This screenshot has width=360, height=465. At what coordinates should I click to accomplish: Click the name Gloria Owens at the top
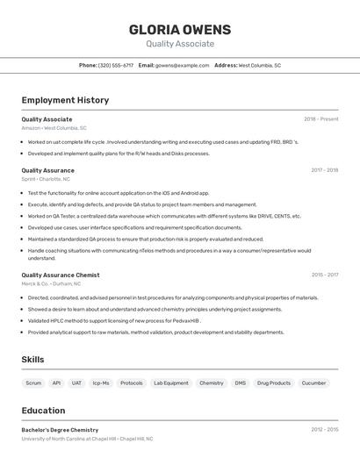(180, 29)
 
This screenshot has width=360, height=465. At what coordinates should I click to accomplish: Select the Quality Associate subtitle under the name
(180, 44)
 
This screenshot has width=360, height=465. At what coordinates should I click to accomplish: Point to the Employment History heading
(65, 100)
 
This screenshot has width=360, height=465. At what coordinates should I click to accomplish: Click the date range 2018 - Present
(320, 119)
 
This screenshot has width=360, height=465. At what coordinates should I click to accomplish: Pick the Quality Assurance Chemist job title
(61, 275)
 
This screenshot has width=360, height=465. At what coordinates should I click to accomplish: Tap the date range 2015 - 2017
(324, 275)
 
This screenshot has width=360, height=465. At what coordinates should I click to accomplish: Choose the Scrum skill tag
(33, 383)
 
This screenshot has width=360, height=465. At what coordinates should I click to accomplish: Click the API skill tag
(56, 383)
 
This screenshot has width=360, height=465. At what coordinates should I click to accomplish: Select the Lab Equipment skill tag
(170, 383)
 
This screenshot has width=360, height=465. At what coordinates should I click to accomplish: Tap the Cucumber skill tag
(313, 383)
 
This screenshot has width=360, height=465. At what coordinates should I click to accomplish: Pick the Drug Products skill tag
(274, 383)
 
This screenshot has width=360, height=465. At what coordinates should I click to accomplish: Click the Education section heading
(43, 410)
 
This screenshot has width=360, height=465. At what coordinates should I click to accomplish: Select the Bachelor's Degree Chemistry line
(60, 430)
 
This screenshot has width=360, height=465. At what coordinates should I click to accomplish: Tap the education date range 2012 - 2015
(324, 430)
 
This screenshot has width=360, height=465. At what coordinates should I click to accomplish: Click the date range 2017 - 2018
(324, 170)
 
